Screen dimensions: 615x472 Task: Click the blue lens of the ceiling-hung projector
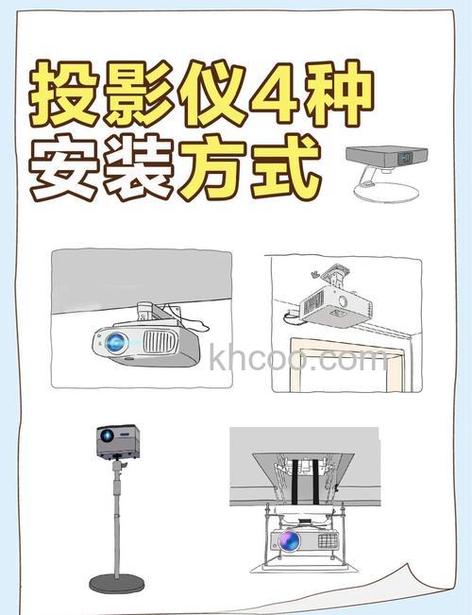(x=116, y=342)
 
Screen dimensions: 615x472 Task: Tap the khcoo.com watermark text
(x=297, y=360)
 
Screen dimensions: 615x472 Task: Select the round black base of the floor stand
(x=117, y=582)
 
